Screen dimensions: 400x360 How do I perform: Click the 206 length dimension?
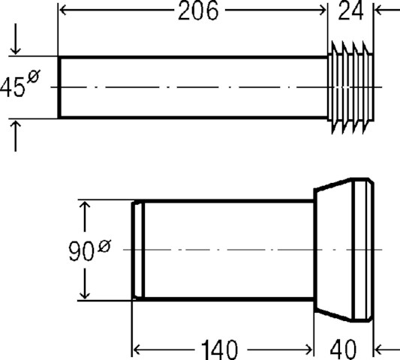[198, 10]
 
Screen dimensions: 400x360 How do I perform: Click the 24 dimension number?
[350, 10]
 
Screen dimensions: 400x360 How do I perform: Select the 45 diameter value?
[12, 87]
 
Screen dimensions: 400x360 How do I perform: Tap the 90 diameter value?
[80, 251]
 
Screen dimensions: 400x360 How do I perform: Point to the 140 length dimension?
[219, 349]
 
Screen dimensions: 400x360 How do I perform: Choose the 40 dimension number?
[343, 349]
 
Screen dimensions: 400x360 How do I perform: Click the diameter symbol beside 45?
[34, 76]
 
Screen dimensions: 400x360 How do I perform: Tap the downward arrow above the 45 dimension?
[16, 39]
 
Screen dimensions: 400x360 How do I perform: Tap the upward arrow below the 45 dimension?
[16, 136]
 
